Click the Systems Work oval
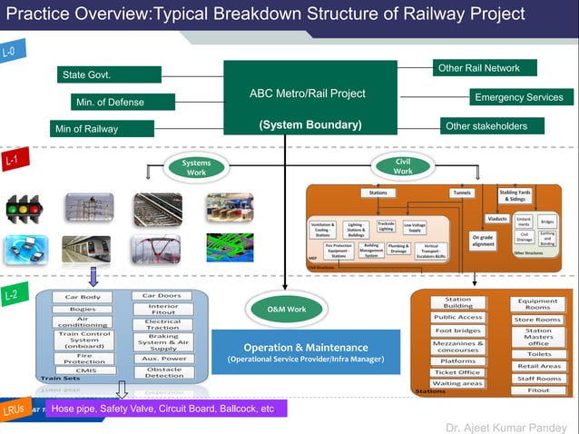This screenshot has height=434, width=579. coord(196,168)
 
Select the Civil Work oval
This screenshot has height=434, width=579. coord(403,166)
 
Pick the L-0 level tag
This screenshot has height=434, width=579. coord(11,52)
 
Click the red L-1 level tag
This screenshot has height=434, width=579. coord(12,161)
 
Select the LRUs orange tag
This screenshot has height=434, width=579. coord(15,409)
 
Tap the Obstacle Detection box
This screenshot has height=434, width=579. coord(163,371)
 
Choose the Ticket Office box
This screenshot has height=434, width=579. coord(457,372)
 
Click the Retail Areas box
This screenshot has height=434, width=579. coord(538,366)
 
